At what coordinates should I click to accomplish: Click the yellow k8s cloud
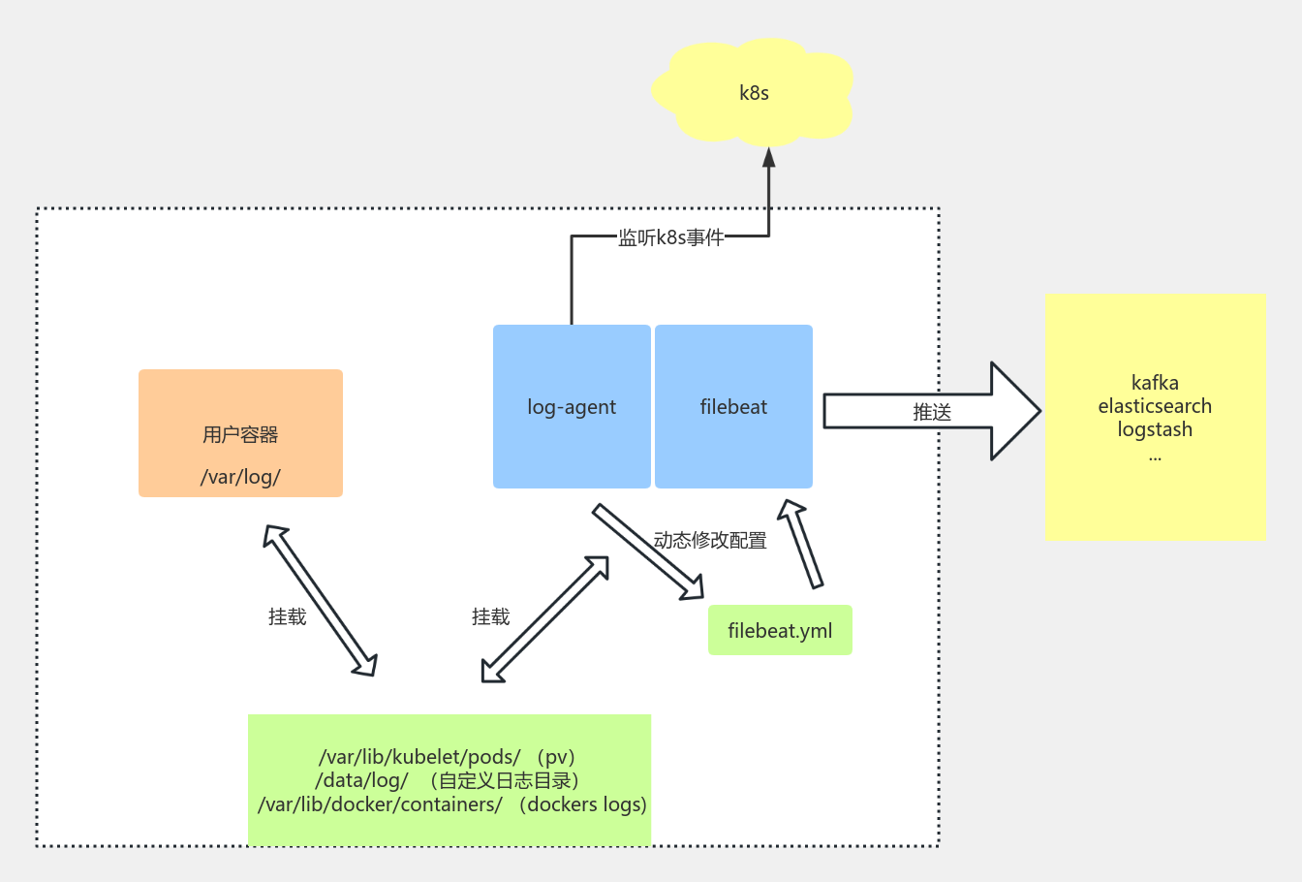754,93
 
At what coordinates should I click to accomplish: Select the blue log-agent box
572,407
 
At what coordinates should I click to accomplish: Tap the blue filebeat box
733,407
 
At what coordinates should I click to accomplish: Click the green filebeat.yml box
780,631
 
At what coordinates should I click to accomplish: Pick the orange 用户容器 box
240,434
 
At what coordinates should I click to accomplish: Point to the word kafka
1155,383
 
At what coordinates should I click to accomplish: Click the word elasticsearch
1155,406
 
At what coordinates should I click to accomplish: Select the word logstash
1155,429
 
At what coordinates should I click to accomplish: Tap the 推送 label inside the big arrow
932,412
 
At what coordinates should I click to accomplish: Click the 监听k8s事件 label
671,237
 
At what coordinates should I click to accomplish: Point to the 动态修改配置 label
710,541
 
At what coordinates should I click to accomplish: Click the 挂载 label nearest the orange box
287,617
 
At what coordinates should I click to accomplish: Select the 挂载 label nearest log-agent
490,617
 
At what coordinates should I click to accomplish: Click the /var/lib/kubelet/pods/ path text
419,757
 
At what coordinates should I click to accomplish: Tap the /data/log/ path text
362,780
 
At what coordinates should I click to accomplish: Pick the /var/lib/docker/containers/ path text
380,804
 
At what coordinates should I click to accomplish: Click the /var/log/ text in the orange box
240,477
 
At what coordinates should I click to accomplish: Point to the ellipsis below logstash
1155,457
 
